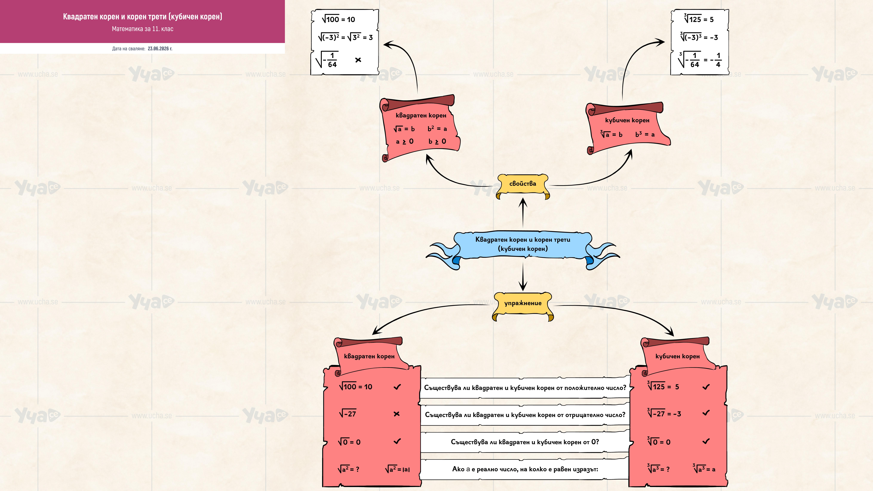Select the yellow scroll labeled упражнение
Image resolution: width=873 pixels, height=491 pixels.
[523, 306]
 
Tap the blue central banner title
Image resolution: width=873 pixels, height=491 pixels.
[523, 244]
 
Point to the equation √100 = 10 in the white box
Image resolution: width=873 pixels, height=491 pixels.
[338, 19]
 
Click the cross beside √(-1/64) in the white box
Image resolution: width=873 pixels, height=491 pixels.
[358, 60]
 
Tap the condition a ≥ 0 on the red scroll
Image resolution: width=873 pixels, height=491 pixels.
[405, 141]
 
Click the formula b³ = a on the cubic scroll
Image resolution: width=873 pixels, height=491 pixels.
[645, 134]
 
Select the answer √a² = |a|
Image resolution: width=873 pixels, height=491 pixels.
[397, 469]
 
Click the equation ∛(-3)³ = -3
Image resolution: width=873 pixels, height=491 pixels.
[699, 37]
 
